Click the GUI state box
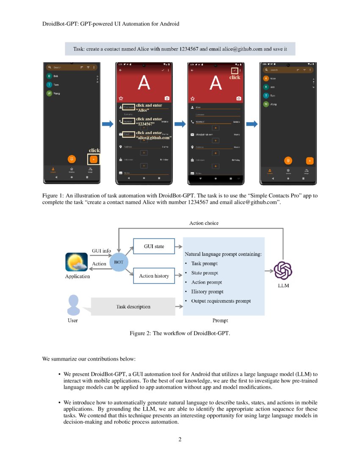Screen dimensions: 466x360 154,246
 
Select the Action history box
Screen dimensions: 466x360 154,276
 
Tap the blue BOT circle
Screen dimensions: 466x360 119,262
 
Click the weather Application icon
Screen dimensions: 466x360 77,262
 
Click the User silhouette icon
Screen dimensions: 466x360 73,305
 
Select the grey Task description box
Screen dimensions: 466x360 133,306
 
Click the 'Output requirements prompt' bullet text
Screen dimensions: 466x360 221,301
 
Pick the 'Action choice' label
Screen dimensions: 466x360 204,223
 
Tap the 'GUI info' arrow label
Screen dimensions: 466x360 101,251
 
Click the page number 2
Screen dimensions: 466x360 180,439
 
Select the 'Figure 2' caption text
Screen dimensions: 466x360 180,333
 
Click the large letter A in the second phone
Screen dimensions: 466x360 144,83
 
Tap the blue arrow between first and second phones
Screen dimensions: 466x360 108,124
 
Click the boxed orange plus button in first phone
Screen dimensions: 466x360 94,159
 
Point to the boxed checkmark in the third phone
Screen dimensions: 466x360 234,70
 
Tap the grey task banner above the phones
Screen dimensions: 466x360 180,49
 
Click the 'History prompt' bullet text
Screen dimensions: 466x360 207,291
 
